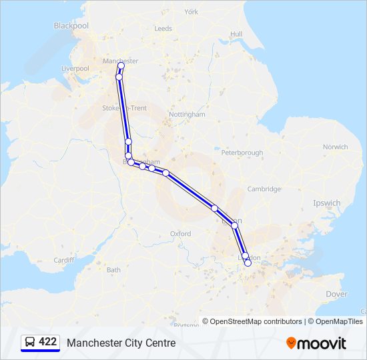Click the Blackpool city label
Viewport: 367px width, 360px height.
[71, 25]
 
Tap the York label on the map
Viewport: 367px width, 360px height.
[192, 12]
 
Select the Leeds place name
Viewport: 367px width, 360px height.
[163, 29]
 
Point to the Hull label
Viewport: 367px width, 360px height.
[236, 34]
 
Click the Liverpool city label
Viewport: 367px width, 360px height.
[75, 68]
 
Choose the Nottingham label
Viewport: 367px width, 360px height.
[187, 115]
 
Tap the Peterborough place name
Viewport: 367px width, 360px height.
[242, 153]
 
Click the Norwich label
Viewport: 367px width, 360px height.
[335, 147]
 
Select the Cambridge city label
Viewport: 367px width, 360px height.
[264, 189]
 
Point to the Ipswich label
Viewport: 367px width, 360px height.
[327, 203]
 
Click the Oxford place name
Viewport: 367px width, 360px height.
[180, 234]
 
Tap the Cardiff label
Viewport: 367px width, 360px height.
[64, 260]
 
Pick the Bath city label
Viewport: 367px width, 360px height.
[113, 270]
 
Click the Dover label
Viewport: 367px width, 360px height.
[336, 294]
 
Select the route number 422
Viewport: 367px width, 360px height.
[48, 342]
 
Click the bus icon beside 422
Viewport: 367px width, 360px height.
[30, 342]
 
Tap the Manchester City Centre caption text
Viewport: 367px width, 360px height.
[121, 343]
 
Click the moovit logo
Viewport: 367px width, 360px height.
[316, 343]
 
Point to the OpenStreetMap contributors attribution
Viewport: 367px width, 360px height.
[252, 321]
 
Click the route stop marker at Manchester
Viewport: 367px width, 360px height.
[121, 65]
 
